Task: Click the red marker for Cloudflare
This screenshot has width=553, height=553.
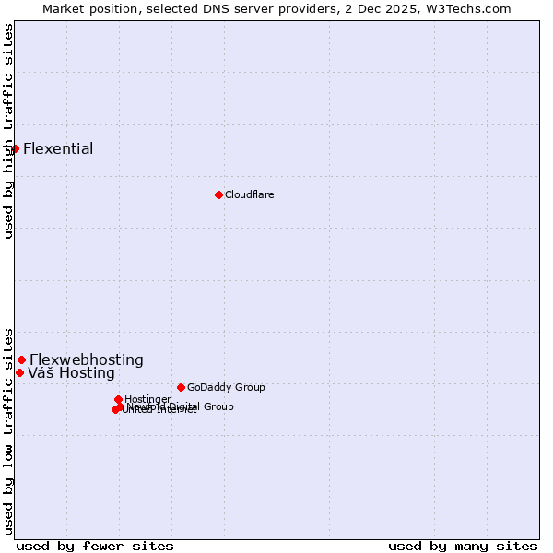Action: click(x=218, y=194)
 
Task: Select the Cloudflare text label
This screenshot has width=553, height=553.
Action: click(x=250, y=194)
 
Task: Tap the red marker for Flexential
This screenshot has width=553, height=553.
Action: click(x=15, y=148)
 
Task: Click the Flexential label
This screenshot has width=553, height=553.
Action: click(x=58, y=149)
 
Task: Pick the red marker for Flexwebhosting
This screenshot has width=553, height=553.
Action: click(x=21, y=359)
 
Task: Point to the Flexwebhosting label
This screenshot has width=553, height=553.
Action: click(x=87, y=360)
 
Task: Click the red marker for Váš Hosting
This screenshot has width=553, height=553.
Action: click(x=19, y=372)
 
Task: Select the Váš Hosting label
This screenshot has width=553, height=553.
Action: click(x=71, y=373)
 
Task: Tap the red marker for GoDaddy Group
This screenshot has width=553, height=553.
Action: click(x=181, y=387)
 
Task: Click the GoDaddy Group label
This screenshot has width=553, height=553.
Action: click(x=226, y=388)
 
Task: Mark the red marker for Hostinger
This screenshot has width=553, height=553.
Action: click(x=118, y=399)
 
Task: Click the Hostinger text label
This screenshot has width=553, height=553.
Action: click(x=147, y=399)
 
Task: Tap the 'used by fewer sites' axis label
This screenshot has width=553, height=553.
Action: click(x=95, y=546)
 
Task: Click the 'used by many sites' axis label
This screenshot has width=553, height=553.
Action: click(x=463, y=546)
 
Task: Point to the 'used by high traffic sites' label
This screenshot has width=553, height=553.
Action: click(x=8, y=131)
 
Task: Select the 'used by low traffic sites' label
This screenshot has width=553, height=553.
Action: click(x=8, y=430)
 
